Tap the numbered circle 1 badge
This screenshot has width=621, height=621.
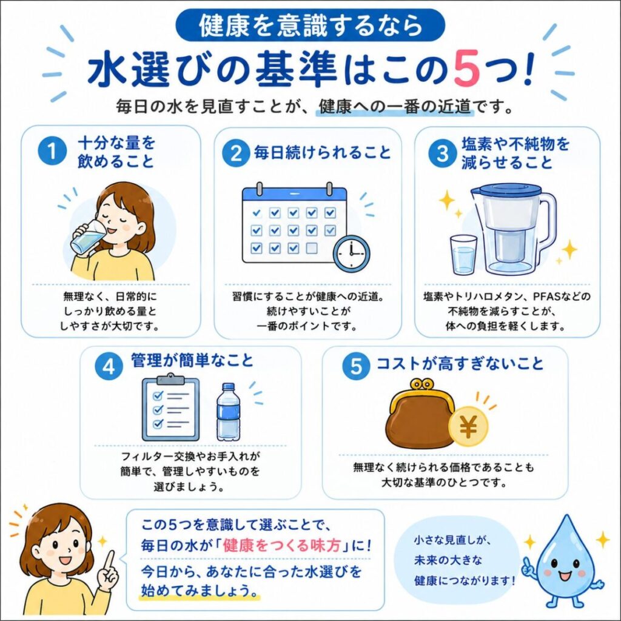(52, 151)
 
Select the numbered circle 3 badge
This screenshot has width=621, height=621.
(442, 153)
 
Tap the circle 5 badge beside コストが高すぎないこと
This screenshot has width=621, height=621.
(356, 365)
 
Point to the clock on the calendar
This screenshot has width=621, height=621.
(351, 253)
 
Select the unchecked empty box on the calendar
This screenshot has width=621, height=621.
(312, 248)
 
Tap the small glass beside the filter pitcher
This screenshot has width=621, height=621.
(464, 255)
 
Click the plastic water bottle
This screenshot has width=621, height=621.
(229, 412)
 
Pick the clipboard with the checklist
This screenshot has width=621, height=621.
(170, 408)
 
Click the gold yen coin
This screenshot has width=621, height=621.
(469, 426)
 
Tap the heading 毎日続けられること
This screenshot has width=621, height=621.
(322, 152)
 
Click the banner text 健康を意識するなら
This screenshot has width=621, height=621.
(310, 25)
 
